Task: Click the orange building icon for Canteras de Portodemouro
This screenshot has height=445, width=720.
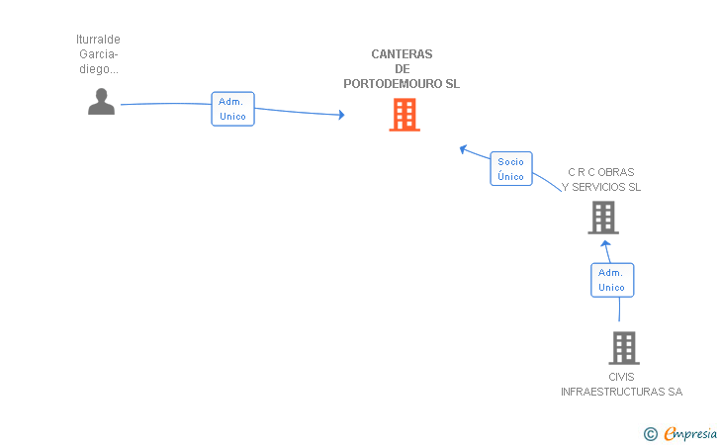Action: point(404,115)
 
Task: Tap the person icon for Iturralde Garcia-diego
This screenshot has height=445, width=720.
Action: point(101,102)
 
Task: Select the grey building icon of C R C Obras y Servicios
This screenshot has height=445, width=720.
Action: point(603,218)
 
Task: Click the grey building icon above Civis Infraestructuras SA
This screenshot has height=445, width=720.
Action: point(623,348)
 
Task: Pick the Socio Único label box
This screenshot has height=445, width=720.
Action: point(511,169)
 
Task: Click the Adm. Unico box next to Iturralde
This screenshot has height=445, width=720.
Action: point(232,109)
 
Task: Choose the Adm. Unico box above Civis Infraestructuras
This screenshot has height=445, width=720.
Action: point(612,280)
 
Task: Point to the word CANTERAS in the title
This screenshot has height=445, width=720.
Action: point(402,54)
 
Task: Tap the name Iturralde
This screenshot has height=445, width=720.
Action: point(98,40)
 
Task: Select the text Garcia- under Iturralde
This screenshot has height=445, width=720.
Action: point(98,54)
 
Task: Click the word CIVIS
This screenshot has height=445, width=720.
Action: point(621,377)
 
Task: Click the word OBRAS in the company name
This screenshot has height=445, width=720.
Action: point(617,172)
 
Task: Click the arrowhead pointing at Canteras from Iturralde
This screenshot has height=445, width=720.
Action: point(341,116)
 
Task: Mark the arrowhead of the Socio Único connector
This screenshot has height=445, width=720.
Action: point(462,149)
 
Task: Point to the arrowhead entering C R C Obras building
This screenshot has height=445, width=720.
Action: point(606,242)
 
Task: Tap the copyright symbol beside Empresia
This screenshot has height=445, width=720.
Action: point(651,433)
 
